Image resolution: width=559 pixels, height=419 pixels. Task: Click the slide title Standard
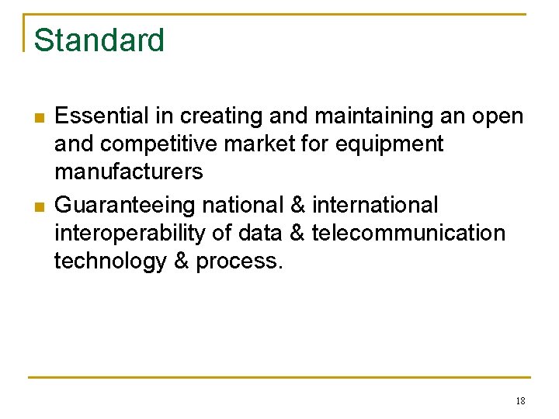99,40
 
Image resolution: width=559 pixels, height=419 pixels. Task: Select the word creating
221,117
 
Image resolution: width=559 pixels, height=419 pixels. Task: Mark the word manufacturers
128,171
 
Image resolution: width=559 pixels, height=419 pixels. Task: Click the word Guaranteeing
126,206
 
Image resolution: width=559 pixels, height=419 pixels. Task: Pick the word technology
109,261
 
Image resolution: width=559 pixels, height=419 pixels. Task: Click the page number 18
520,401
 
